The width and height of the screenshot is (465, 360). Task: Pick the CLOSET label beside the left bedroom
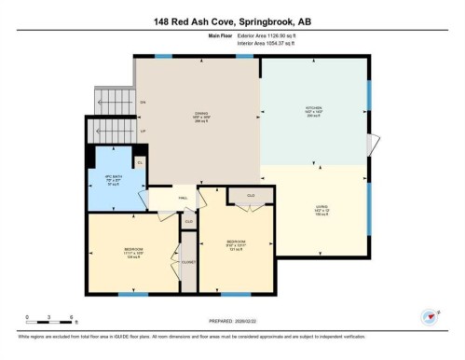click(188, 263)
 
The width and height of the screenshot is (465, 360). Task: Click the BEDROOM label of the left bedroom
click(133, 250)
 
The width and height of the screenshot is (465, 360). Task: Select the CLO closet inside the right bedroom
click(252, 195)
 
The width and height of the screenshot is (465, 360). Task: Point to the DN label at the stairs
click(143, 101)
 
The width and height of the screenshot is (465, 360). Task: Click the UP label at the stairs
click(143, 131)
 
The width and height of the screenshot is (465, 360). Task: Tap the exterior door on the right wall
click(375, 145)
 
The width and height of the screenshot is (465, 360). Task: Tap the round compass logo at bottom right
click(429, 316)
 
